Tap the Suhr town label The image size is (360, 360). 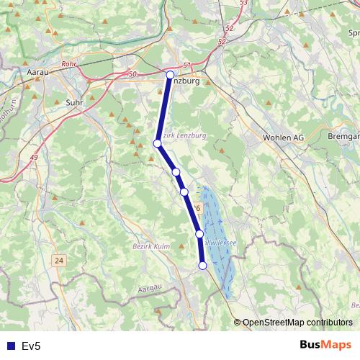(x=74, y=102)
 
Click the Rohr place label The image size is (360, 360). (x=70, y=63)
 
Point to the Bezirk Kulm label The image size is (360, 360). (x=151, y=246)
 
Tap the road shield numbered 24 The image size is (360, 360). (x=58, y=259)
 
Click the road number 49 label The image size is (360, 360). (x=34, y=167)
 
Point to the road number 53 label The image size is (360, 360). (x=243, y=4)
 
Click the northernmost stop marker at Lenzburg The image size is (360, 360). (x=170, y=75)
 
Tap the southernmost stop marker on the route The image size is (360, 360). (x=202, y=266)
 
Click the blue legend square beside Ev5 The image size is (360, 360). (x=9, y=346)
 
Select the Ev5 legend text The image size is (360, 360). (x=32, y=346)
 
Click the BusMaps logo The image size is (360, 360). (x=325, y=345)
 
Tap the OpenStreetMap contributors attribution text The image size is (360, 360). (x=297, y=322)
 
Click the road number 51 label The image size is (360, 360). (x=187, y=65)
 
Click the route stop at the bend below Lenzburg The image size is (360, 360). (x=158, y=143)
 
